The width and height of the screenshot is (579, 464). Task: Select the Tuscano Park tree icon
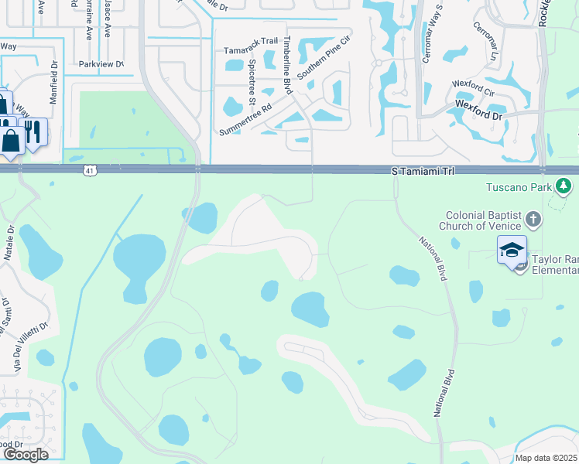tap(564, 186)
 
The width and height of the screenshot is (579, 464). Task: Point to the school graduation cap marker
tap(512, 250)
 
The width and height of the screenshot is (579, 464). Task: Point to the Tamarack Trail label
tap(250, 50)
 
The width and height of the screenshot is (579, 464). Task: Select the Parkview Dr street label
tap(101, 64)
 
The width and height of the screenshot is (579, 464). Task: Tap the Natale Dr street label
tap(10, 239)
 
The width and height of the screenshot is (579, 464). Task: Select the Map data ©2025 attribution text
tap(546, 458)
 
